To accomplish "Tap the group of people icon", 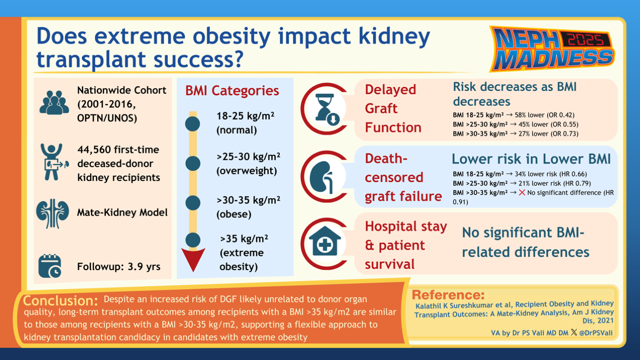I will pos(54,103).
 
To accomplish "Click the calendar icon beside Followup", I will pos(50,266).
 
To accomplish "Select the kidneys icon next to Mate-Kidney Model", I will pos(52,213).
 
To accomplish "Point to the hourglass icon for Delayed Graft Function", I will pos(326,109).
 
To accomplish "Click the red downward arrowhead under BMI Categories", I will pos(193,258).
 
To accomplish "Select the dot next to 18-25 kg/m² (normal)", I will pos(193,124).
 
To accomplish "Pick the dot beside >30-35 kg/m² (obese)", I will pos(193,203).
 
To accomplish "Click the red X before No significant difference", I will pos(522,193).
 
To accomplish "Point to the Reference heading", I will pos(448,295).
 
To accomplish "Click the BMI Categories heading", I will pos(232,90).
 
